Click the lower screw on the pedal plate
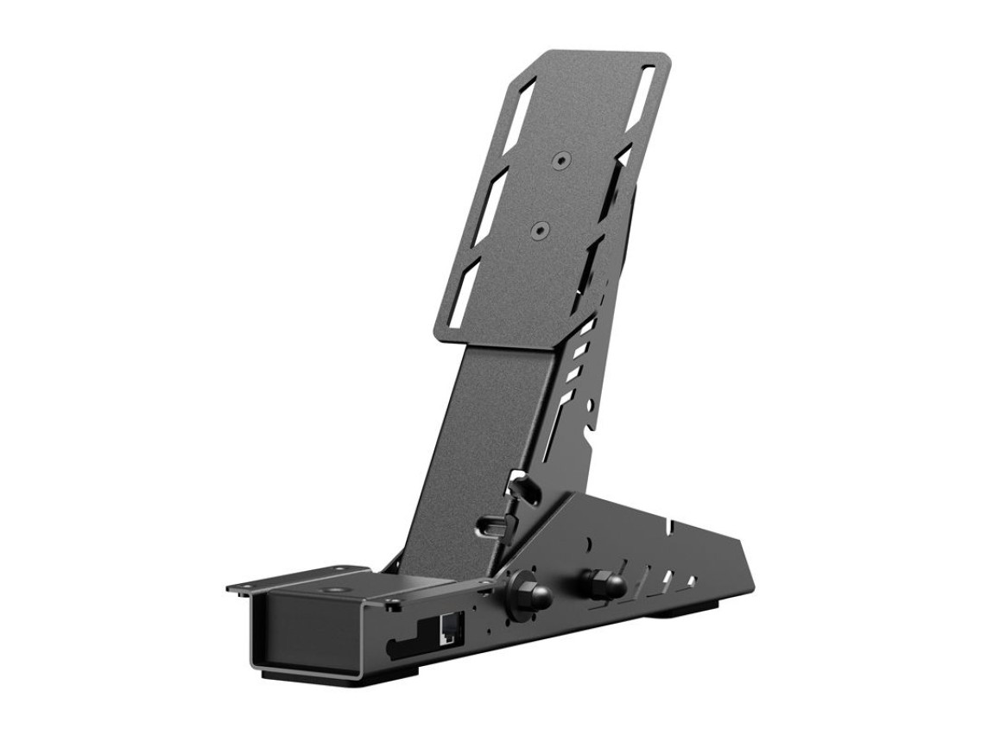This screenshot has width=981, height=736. click(x=539, y=231)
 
